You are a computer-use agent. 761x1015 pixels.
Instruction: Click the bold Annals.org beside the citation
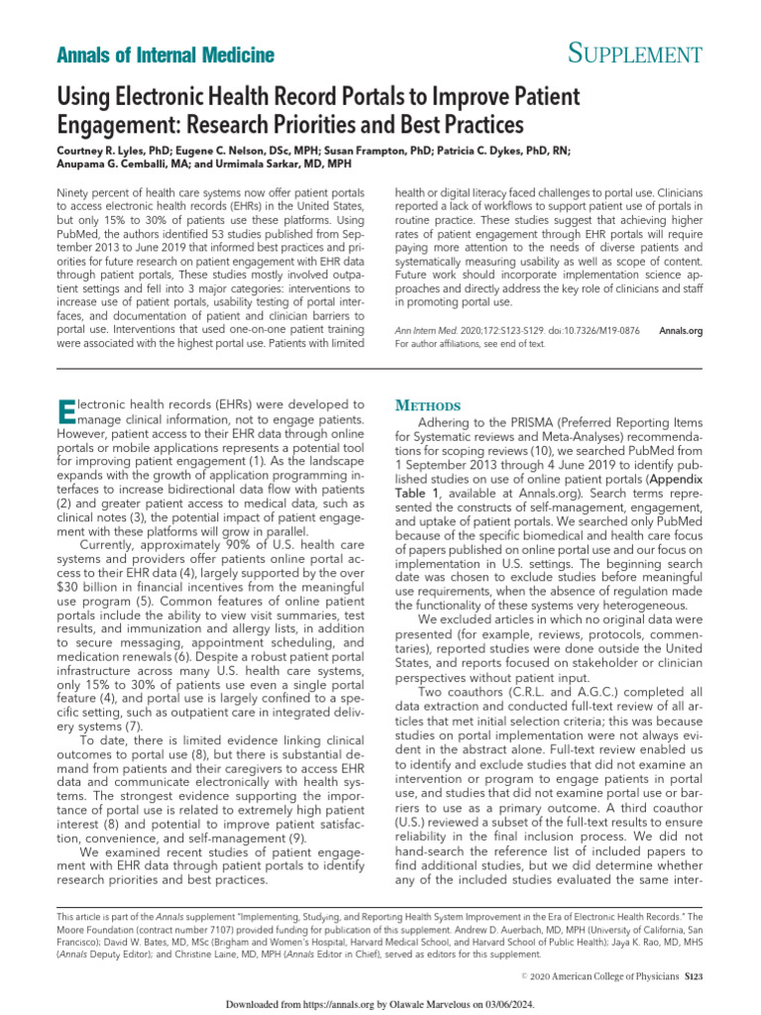(680, 330)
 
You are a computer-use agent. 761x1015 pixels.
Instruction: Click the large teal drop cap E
(67, 409)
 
